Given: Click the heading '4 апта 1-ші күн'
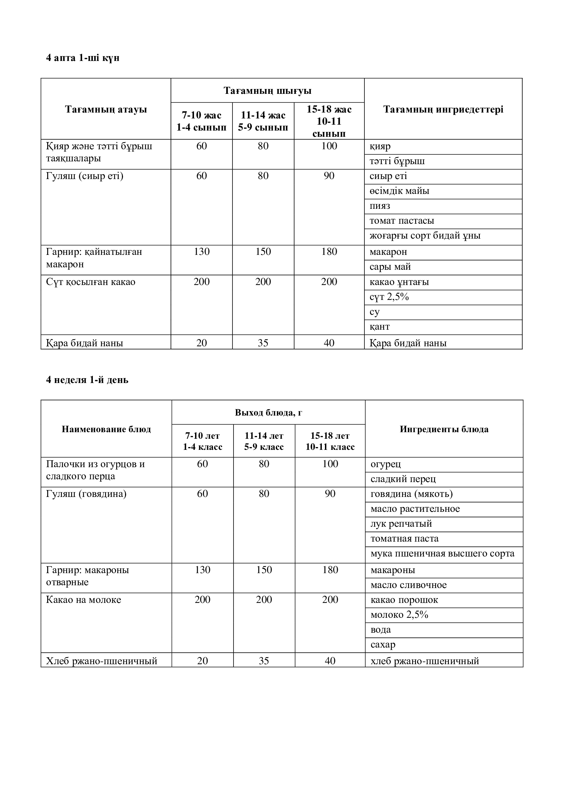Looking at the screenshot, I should click(82, 58).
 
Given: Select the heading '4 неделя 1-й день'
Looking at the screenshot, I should click(87, 380).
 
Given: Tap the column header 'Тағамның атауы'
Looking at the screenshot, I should click(106, 109).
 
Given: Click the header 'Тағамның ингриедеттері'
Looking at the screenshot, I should click(443, 109).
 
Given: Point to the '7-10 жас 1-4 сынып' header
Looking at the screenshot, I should click(202, 121).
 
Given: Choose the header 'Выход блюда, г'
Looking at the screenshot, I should click(268, 412).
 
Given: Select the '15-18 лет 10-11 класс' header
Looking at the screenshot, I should click(330, 441).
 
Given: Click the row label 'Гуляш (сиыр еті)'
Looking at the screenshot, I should click(85, 176).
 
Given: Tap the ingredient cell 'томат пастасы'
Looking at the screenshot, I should click(402, 221).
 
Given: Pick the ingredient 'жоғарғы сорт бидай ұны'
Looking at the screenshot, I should click(425, 236).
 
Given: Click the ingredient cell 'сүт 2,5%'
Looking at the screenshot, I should click(389, 297).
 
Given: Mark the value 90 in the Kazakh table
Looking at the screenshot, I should click(329, 176).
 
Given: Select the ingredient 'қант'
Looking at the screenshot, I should click(380, 327).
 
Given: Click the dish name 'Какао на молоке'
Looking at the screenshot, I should click(83, 600).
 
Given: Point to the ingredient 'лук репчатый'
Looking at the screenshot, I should click(401, 524).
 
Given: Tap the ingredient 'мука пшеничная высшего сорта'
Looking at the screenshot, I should click(442, 553).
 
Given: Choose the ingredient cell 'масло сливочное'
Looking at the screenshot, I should click(408, 585).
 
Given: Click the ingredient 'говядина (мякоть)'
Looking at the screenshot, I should click(412, 494).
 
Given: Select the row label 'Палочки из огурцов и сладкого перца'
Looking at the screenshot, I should click(95, 470).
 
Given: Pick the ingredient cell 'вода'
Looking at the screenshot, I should click(381, 630).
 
